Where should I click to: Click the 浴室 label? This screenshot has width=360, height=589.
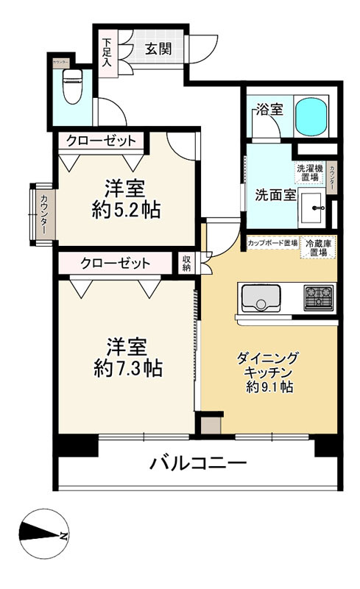(269, 110)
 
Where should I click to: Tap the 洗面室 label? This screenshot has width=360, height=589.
(275, 195)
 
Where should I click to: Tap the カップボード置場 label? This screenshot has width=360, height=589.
(272, 241)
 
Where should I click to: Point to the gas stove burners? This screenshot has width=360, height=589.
(319, 297)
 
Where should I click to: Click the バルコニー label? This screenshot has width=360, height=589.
(198, 464)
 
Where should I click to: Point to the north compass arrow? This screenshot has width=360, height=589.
(44, 535)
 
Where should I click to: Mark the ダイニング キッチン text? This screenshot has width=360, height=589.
(269, 365)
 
